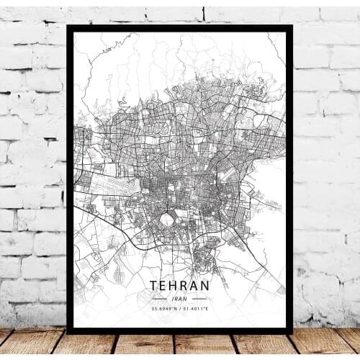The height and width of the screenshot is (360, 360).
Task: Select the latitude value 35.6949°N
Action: (163, 309)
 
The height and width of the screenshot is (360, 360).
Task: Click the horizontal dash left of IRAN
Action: (160, 298)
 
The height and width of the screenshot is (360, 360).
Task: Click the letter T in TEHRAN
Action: (156, 285)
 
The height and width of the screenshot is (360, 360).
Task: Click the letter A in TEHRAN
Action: (194, 285)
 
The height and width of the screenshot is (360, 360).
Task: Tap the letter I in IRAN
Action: (173, 298)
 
